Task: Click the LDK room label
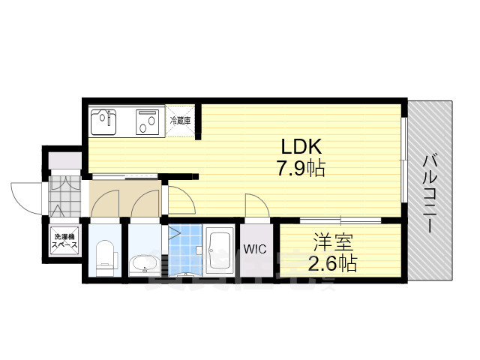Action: click(x=302, y=145)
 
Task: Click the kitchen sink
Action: click(x=104, y=120)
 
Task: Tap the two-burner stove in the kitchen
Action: click(x=146, y=120)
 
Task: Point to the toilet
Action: click(x=104, y=255)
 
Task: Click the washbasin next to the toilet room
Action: click(x=143, y=263)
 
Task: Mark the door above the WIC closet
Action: click(x=253, y=205)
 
